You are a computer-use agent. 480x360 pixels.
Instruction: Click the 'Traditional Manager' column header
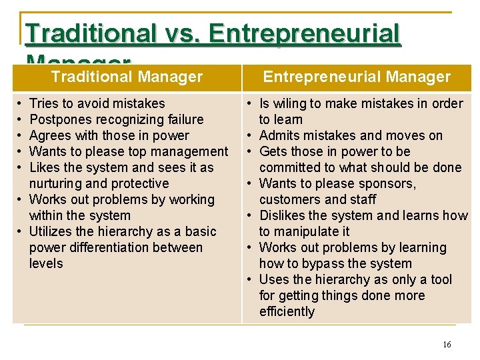[x=127, y=77]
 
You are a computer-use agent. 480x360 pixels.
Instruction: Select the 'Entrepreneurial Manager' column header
[x=357, y=77]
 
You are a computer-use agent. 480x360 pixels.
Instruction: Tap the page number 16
[x=447, y=345]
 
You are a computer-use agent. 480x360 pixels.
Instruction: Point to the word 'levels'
[x=46, y=263]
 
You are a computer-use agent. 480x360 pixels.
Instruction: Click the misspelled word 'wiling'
[x=289, y=103]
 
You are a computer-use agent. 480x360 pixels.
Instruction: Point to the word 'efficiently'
[x=287, y=311]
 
